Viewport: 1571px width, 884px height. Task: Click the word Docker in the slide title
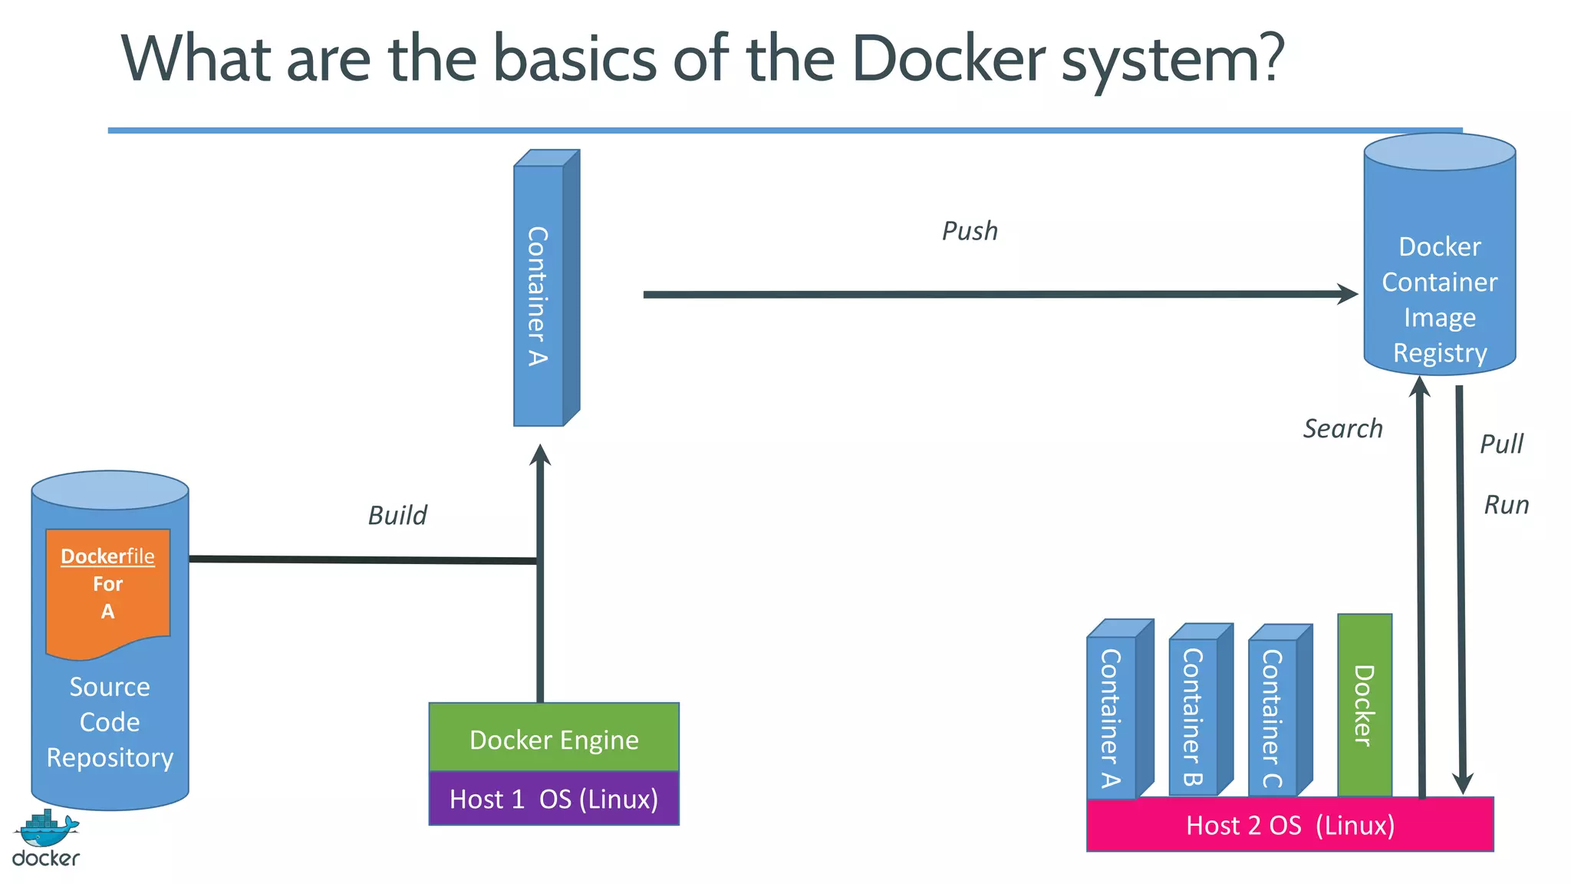(x=948, y=58)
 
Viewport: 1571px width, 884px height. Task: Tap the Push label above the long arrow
(x=970, y=231)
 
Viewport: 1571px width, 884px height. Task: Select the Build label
(x=397, y=515)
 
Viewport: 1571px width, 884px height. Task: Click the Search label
(x=1342, y=428)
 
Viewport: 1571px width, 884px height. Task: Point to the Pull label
(x=1501, y=444)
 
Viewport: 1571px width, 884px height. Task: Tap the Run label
(x=1506, y=505)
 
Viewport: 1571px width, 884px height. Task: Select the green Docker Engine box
(x=554, y=738)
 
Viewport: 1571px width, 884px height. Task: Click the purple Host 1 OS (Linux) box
(x=554, y=799)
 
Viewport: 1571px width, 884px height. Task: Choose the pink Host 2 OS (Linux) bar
(x=1289, y=825)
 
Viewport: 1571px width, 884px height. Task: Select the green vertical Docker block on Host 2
(x=1364, y=704)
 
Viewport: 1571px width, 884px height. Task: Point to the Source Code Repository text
(x=110, y=721)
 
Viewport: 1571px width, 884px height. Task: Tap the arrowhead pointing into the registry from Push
(x=1348, y=294)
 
